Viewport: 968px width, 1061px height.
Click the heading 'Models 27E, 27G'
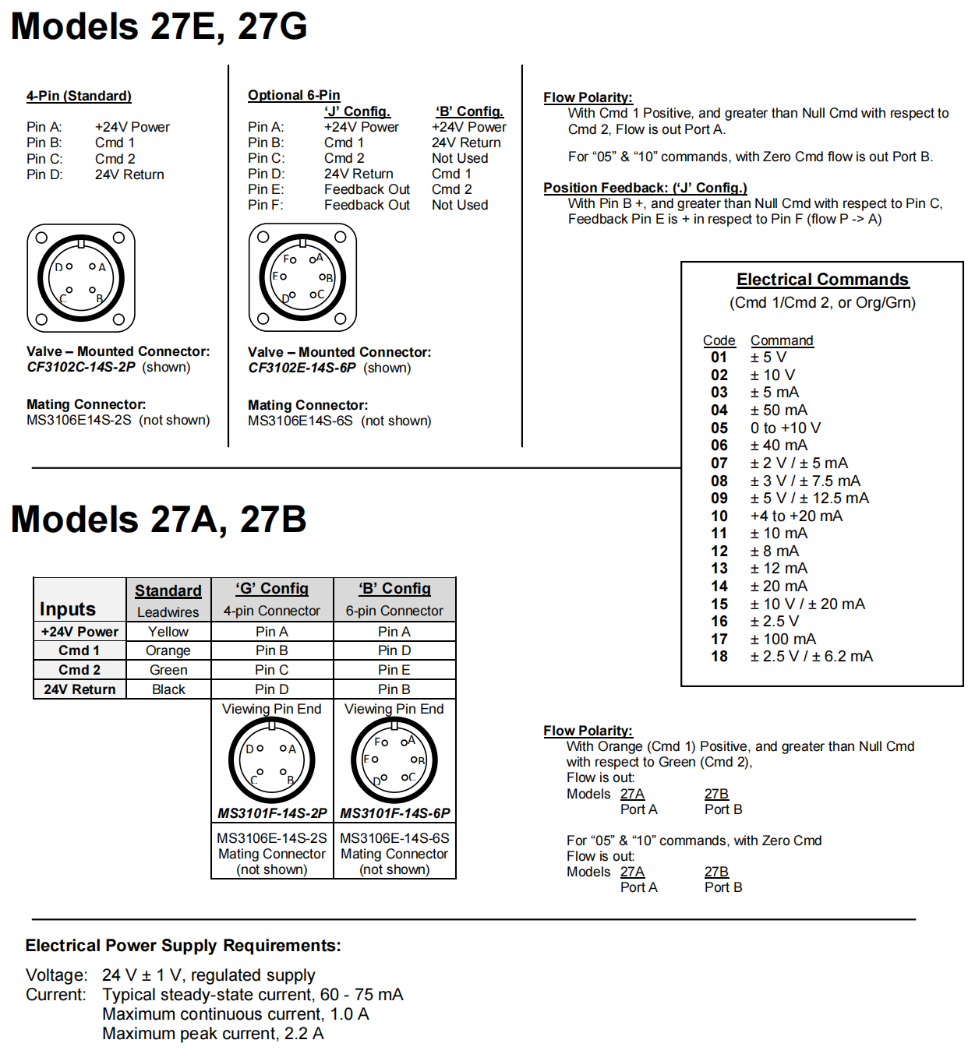tap(159, 26)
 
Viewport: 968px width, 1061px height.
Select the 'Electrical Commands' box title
tap(822, 280)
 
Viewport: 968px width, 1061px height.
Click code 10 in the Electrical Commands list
tap(719, 516)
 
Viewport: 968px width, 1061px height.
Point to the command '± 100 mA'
tap(782, 640)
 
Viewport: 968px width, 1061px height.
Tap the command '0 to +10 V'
tap(785, 428)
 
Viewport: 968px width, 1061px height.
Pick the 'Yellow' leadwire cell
tap(168, 632)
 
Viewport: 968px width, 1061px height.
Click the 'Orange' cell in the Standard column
tap(168, 650)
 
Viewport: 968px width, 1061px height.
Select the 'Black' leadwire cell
tap(168, 689)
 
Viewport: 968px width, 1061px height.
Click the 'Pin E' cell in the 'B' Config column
tap(394, 670)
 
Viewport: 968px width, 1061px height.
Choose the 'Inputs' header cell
tap(68, 609)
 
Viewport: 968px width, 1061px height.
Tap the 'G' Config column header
tap(272, 589)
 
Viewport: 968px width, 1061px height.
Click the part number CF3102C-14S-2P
tap(81, 367)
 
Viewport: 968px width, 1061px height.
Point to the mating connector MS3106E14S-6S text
tap(300, 421)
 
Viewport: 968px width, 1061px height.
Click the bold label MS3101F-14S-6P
tap(395, 813)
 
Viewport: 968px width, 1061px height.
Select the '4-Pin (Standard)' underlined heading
tap(79, 96)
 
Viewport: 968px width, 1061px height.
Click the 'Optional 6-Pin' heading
tap(294, 95)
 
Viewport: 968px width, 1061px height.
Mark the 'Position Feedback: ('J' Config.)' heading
tap(645, 188)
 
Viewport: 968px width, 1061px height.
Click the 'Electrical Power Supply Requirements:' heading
tap(183, 946)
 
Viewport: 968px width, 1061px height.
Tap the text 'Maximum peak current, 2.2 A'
tap(213, 1034)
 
